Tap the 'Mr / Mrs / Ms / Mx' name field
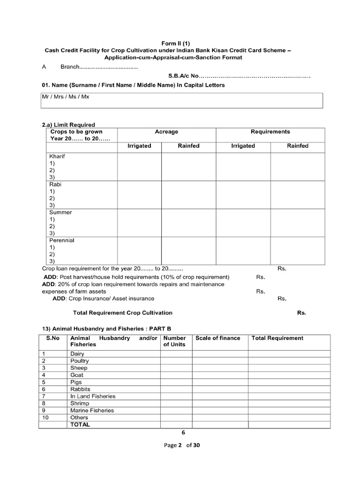pyautogui.click(x=181, y=100)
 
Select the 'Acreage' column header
pyautogui.click(x=166, y=132)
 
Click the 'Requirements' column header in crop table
pyautogui.click(x=270, y=132)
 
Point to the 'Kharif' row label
pyautogui.click(x=57, y=156)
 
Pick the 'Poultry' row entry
pyautogui.click(x=79, y=361)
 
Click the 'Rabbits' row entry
pyautogui.click(x=80, y=389)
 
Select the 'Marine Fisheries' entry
pyautogui.click(x=92, y=410)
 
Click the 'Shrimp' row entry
pyautogui.click(x=79, y=403)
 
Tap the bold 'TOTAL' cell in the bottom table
pyautogui.click(x=80, y=424)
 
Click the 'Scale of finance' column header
pyautogui.click(x=217, y=338)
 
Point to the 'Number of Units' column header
pyautogui.click(x=174, y=341)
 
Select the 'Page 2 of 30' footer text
pyautogui.click(x=180, y=446)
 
